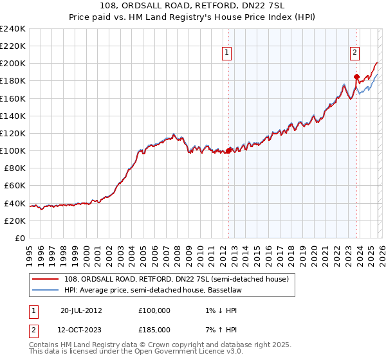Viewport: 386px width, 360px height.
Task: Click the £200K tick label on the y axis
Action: click(x=13, y=64)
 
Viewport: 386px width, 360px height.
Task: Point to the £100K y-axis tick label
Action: click(x=13, y=150)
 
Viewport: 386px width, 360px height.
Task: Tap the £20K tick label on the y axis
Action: click(x=15, y=221)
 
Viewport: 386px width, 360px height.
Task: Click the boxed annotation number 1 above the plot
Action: click(x=228, y=54)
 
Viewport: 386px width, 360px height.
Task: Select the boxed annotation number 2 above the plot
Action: click(x=354, y=54)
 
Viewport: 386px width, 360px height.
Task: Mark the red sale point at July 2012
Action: click(x=228, y=151)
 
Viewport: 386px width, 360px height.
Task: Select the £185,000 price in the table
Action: click(x=154, y=329)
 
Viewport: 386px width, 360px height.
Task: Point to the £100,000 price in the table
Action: click(x=154, y=310)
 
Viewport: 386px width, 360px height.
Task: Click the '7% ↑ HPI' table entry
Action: click(x=219, y=329)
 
